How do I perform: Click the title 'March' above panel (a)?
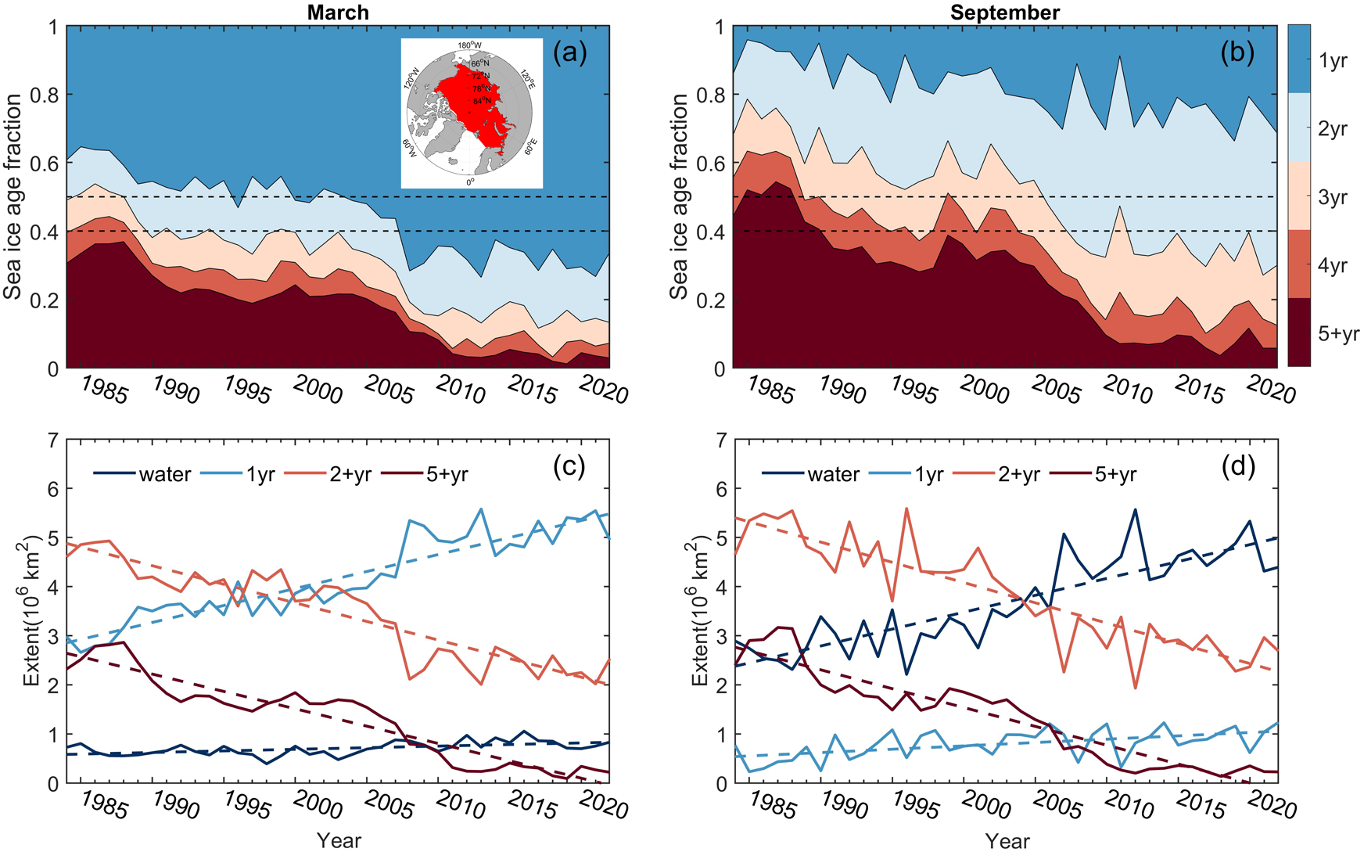click(337, 13)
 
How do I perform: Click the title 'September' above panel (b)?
click(1004, 13)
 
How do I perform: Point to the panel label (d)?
click(1237, 467)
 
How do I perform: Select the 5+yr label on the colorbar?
click(1338, 334)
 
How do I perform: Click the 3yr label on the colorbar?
click(1333, 197)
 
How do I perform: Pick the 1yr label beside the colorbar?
click(1333, 60)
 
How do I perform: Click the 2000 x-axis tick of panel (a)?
click(317, 389)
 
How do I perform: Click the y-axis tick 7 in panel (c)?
click(53, 440)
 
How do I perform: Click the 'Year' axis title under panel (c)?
click(339, 840)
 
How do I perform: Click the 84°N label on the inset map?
click(482, 101)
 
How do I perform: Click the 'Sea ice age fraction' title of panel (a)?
click(13, 197)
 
